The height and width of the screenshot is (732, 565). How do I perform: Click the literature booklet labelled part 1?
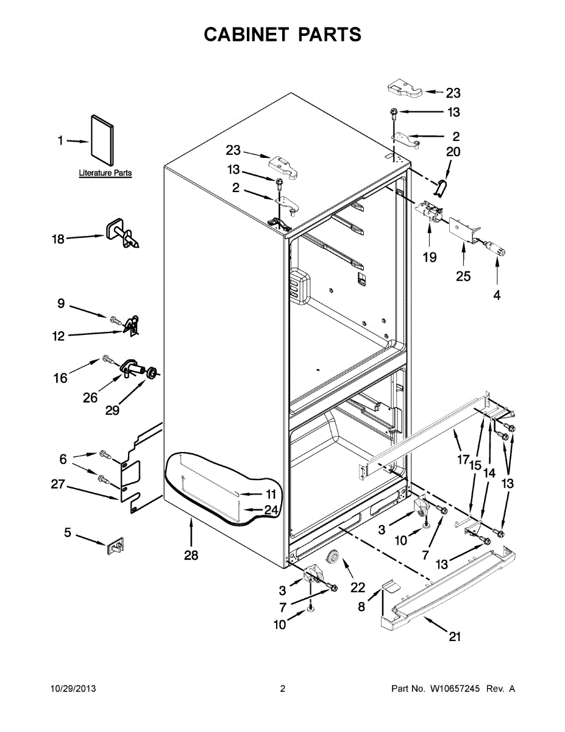coord(102,141)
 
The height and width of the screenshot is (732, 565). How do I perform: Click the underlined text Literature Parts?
coord(105,173)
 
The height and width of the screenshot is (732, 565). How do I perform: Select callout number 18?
coord(58,239)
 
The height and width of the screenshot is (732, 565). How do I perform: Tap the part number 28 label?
coord(191,556)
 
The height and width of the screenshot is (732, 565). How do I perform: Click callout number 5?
coord(68,533)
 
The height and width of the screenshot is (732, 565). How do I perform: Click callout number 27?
coord(58,485)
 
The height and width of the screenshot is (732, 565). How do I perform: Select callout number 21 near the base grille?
coord(455,637)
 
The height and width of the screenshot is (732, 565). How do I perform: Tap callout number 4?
coord(497,295)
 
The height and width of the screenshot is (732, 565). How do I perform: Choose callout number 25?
coord(463,276)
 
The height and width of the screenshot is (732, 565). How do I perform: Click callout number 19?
coord(429,257)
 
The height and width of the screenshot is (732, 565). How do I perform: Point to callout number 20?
coord(453,152)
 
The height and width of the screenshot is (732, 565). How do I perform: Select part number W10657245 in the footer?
coord(455,689)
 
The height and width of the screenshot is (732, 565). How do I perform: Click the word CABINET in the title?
coord(247,35)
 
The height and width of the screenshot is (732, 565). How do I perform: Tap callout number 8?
coord(361,607)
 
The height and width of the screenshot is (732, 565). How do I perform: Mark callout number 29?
coord(112,410)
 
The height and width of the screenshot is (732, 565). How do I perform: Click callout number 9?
coord(61,302)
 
